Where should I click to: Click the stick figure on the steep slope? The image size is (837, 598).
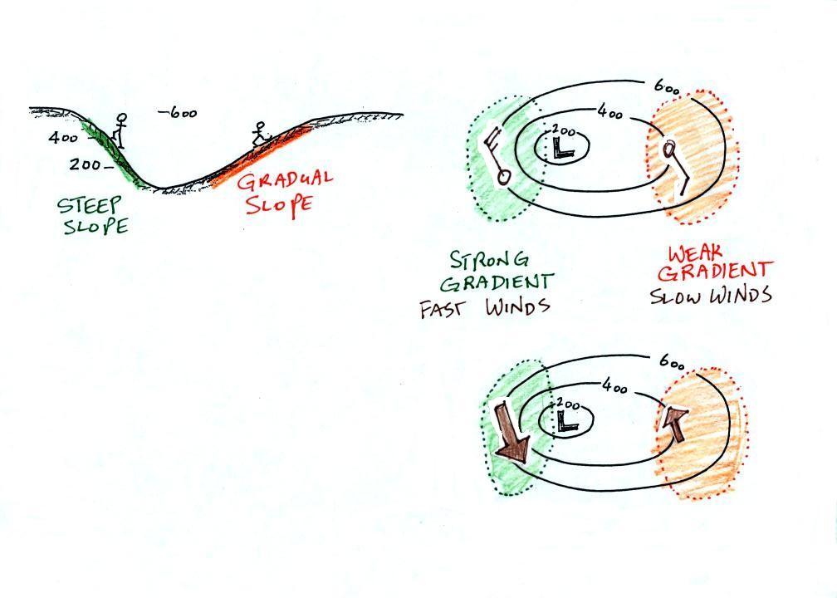[120, 131]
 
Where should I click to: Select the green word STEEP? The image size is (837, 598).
[90, 204]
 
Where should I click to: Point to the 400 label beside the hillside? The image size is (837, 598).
[63, 138]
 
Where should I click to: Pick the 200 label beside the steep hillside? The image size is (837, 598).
[85, 165]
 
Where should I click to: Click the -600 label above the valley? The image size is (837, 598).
[178, 113]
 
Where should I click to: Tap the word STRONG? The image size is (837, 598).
[489, 260]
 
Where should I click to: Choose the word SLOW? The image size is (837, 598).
[676, 297]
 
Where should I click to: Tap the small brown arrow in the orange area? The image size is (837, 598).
[673, 424]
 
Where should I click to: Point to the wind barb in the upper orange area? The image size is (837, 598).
[675, 166]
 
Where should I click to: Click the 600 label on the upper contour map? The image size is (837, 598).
[667, 88]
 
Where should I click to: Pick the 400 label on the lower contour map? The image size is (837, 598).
[614, 385]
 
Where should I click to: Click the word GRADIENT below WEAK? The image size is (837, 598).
[715, 272]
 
